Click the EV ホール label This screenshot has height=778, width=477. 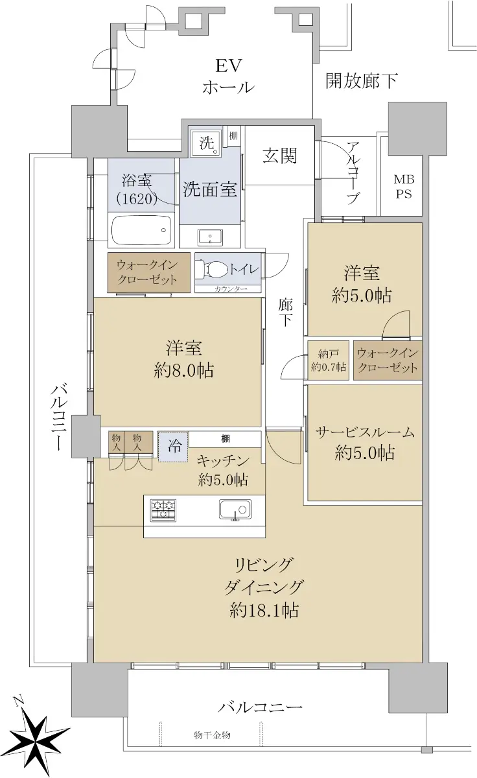pyautogui.click(x=228, y=77)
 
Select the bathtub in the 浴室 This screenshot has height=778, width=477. pyautogui.click(x=142, y=230)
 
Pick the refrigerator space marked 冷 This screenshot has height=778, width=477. pyautogui.click(x=173, y=446)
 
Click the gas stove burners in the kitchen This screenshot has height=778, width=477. pyautogui.click(x=163, y=510)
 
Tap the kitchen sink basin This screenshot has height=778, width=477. pyautogui.click(x=235, y=510)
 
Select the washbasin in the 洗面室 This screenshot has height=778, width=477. pyautogui.click(x=210, y=237)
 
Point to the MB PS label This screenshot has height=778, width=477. pyautogui.click(x=404, y=187)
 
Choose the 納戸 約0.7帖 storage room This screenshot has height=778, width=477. pyautogui.click(x=328, y=360)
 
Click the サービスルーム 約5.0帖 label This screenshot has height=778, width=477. pyautogui.click(x=365, y=442)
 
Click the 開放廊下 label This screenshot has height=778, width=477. pyautogui.click(x=362, y=80)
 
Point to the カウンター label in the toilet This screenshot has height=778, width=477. pyautogui.click(x=231, y=289)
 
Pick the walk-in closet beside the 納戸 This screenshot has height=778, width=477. pyautogui.click(x=388, y=360)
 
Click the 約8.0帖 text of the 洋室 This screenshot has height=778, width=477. pyautogui.click(x=183, y=371)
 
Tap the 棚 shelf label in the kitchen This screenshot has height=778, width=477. pyautogui.click(x=226, y=439)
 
